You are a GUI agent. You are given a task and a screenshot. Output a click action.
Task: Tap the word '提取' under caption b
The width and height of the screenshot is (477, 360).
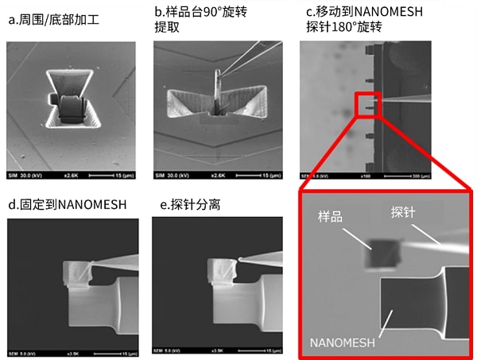[166, 27]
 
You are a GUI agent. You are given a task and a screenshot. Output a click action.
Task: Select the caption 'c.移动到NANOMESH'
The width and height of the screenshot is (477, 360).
[364, 11]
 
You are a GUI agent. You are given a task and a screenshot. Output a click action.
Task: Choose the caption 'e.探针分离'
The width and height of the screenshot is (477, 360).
[190, 204]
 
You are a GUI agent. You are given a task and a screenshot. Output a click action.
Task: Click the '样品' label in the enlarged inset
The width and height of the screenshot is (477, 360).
[332, 216]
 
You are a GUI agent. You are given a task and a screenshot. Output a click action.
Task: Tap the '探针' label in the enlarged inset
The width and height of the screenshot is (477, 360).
[406, 213]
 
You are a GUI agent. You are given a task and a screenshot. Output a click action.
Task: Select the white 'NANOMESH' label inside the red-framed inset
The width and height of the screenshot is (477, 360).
[344, 343]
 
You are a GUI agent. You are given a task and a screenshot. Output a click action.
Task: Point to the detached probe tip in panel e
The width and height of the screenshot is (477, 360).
[242, 259]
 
